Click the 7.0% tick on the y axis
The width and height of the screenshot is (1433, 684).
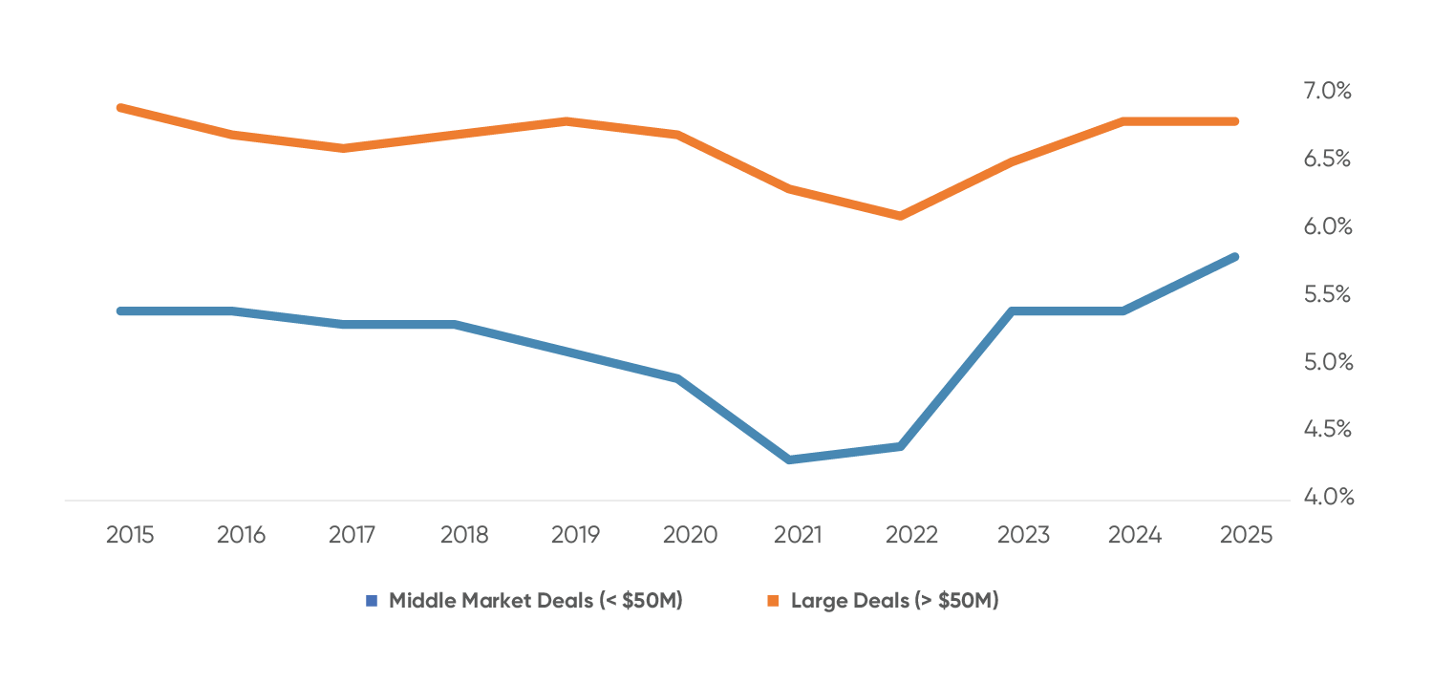(x=1327, y=92)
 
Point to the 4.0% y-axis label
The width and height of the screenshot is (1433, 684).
(x=1327, y=498)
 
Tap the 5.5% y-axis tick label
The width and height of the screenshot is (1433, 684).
(x=1327, y=294)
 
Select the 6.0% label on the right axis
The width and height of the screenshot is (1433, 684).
(x=1327, y=226)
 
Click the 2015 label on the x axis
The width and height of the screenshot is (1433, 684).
(x=130, y=535)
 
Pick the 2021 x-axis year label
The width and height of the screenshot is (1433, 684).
(x=797, y=535)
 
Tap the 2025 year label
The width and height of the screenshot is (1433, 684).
(x=1246, y=535)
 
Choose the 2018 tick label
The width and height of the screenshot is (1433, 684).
(x=464, y=535)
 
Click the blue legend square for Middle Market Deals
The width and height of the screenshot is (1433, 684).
(x=373, y=601)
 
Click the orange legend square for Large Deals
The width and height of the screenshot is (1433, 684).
(x=773, y=601)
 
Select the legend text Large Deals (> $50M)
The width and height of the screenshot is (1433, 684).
(x=894, y=601)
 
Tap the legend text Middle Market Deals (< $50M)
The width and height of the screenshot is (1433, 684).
(x=535, y=601)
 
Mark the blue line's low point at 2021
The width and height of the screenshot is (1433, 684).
(x=790, y=460)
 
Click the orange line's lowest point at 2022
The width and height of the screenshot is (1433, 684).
(x=900, y=216)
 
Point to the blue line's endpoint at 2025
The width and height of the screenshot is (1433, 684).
(x=1234, y=257)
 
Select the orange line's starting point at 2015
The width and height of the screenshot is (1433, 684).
(x=120, y=108)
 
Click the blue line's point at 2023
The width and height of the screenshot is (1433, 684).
(x=1012, y=311)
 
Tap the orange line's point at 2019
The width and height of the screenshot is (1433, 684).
(x=567, y=121)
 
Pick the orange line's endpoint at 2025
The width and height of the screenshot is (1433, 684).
(x=1234, y=121)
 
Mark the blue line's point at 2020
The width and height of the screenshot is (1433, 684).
(x=677, y=378)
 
